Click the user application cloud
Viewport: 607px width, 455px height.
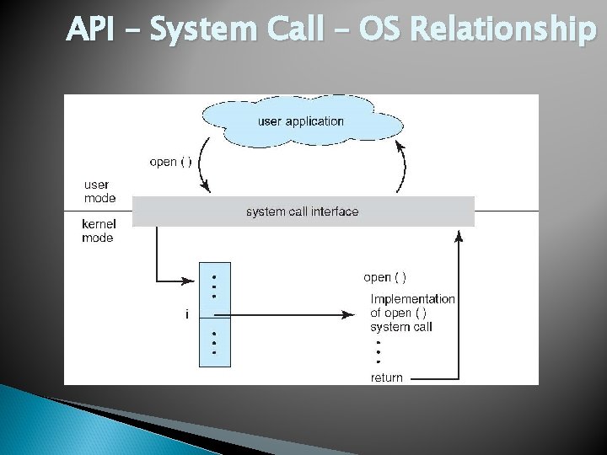tap(301, 120)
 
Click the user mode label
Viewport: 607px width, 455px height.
tap(97, 191)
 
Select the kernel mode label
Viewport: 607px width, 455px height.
tap(97, 231)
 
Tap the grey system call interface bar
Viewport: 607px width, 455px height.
tap(302, 211)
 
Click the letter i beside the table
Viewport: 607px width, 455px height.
tap(185, 314)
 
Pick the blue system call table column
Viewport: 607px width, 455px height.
tap(214, 313)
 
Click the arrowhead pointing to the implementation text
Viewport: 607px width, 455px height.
tap(347, 314)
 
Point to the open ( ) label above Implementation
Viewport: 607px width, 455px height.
tap(384, 277)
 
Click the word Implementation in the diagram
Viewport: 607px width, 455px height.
tap(412, 299)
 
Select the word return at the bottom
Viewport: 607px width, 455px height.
tap(387, 377)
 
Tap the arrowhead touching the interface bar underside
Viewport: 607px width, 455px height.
tap(459, 233)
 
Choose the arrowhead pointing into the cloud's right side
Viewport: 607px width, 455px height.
tap(400, 146)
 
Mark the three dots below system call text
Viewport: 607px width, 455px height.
tap(379, 351)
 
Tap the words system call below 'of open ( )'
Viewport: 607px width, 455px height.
tap(400, 327)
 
